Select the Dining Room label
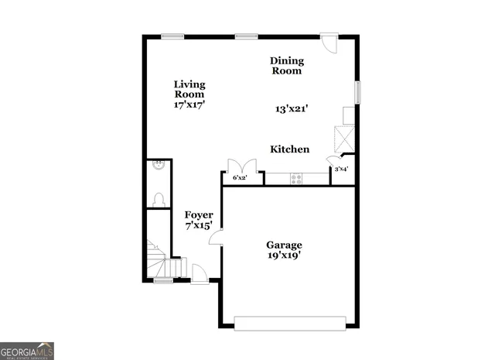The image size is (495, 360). [x=286, y=66]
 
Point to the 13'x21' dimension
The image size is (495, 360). [x=292, y=109]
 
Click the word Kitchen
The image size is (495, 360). [x=290, y=149]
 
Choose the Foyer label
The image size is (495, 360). [x=199, y=214]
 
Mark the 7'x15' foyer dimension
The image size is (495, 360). [x=199, y=226]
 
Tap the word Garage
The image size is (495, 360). [x=285, y=245]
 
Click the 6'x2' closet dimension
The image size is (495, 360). [x=240, y=178]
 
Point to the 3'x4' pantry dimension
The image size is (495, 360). [x=341, y=169]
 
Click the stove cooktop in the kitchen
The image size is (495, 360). [x=296, y=178]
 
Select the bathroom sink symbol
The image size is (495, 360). [x=158, y=164]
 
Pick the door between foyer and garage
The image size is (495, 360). [x=217, y=236]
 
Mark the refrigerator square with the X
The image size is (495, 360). [x=345, y=139]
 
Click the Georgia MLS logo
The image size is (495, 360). [x=27, y=351]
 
